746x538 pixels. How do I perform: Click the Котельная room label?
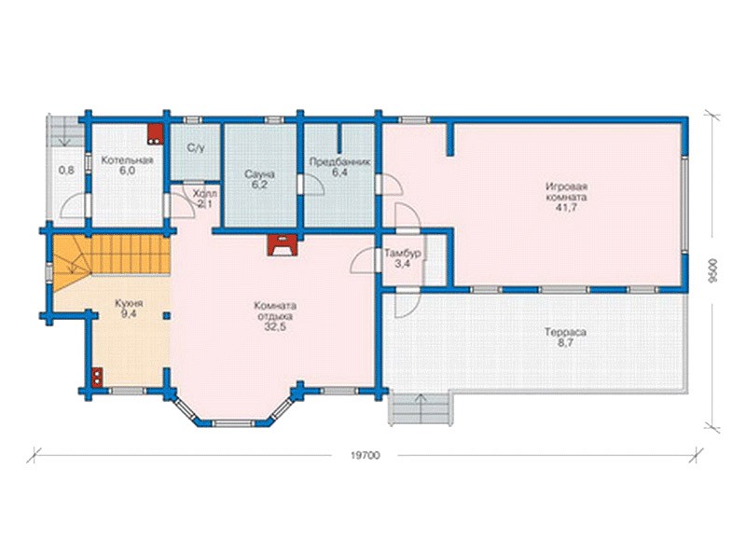coord(127,160)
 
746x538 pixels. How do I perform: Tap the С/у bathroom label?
coord(196,148)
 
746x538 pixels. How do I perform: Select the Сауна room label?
coord(259,174)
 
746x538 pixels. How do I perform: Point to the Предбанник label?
coord(339,161)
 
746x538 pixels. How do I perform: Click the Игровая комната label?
coord(566,191)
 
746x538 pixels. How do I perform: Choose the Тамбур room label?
coord(403,253)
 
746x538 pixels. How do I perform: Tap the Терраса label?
coord(565,332)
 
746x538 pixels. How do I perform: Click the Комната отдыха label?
coord(275,310)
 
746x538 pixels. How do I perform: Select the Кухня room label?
coord(129,303)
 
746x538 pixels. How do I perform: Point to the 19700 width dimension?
coord(366,455)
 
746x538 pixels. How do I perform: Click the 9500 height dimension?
coord(711,270)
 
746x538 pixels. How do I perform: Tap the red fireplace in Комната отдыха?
coord(282,245)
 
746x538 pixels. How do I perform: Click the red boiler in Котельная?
coord(154,134)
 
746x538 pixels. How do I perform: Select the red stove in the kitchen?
coord(97,378)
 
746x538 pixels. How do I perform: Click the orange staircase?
coord(110,263)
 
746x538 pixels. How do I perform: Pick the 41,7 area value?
coord(566,207)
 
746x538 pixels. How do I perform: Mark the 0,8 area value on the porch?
coord(66,170)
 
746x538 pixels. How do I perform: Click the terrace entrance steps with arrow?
coord(420,409)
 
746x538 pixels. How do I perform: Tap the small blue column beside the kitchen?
coord(167,315)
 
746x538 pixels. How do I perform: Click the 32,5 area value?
coord(275,326)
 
